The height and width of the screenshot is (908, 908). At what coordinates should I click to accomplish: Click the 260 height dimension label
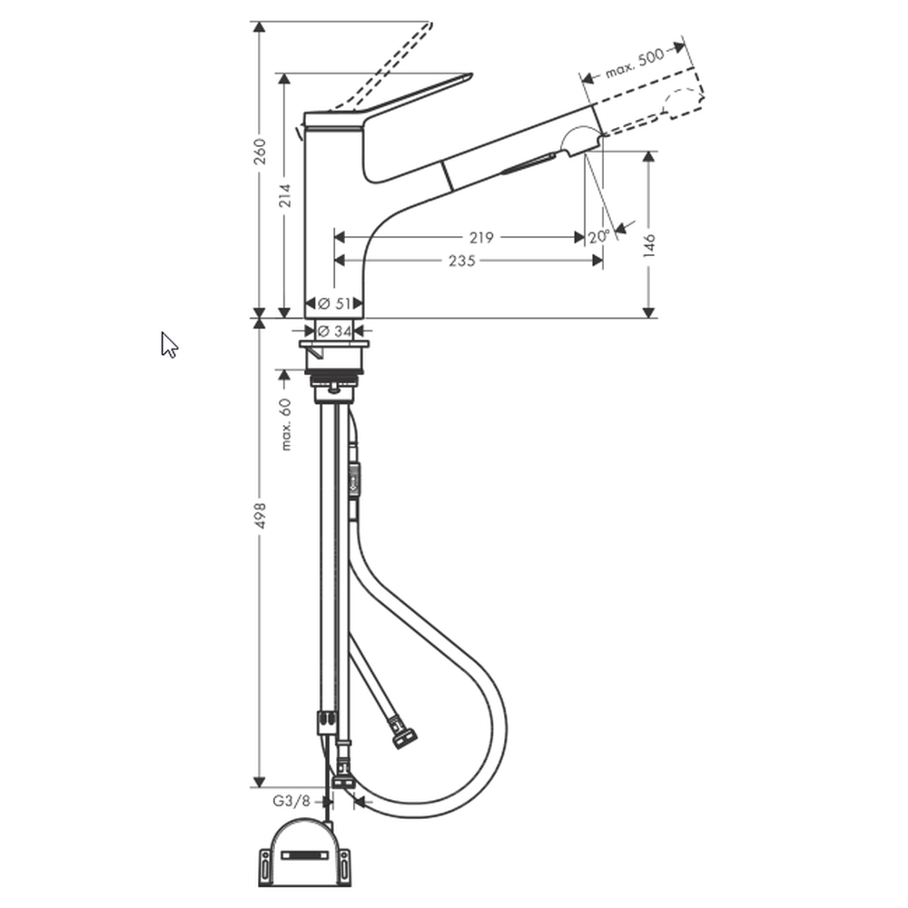pos(261,151)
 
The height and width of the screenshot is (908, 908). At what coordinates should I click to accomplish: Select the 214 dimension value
pos(284,196)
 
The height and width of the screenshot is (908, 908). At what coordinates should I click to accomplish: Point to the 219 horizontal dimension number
pos(481,237)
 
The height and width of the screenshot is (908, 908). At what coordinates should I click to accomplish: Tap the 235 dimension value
pos(462,262)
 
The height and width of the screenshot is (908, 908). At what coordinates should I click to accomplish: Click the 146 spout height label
pos(649,245)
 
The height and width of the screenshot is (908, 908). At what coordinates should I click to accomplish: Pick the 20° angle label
pos(599,237)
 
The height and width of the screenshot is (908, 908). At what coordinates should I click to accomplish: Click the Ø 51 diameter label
pos(335,303)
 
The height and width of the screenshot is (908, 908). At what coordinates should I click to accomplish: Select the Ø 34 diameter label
pos(335,331)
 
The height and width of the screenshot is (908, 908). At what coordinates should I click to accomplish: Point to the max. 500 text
pos(634,64)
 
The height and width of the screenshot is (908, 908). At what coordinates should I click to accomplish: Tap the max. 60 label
pos(285,424)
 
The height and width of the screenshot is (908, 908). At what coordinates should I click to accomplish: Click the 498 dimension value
pos(261,516)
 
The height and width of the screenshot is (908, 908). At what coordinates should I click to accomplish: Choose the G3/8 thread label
pos(291,802)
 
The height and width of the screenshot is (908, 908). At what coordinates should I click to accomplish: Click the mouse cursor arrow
pos(169,345)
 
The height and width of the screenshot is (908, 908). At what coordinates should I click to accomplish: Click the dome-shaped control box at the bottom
pos(304,852)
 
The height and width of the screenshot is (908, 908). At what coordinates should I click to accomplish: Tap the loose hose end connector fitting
pos(404,733)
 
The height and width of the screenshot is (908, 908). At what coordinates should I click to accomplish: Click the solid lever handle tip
pos(470,75)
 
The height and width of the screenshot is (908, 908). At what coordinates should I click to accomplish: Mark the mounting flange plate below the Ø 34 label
pos(334,344)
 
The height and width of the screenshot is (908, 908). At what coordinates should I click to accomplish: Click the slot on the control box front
pos(304,854)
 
